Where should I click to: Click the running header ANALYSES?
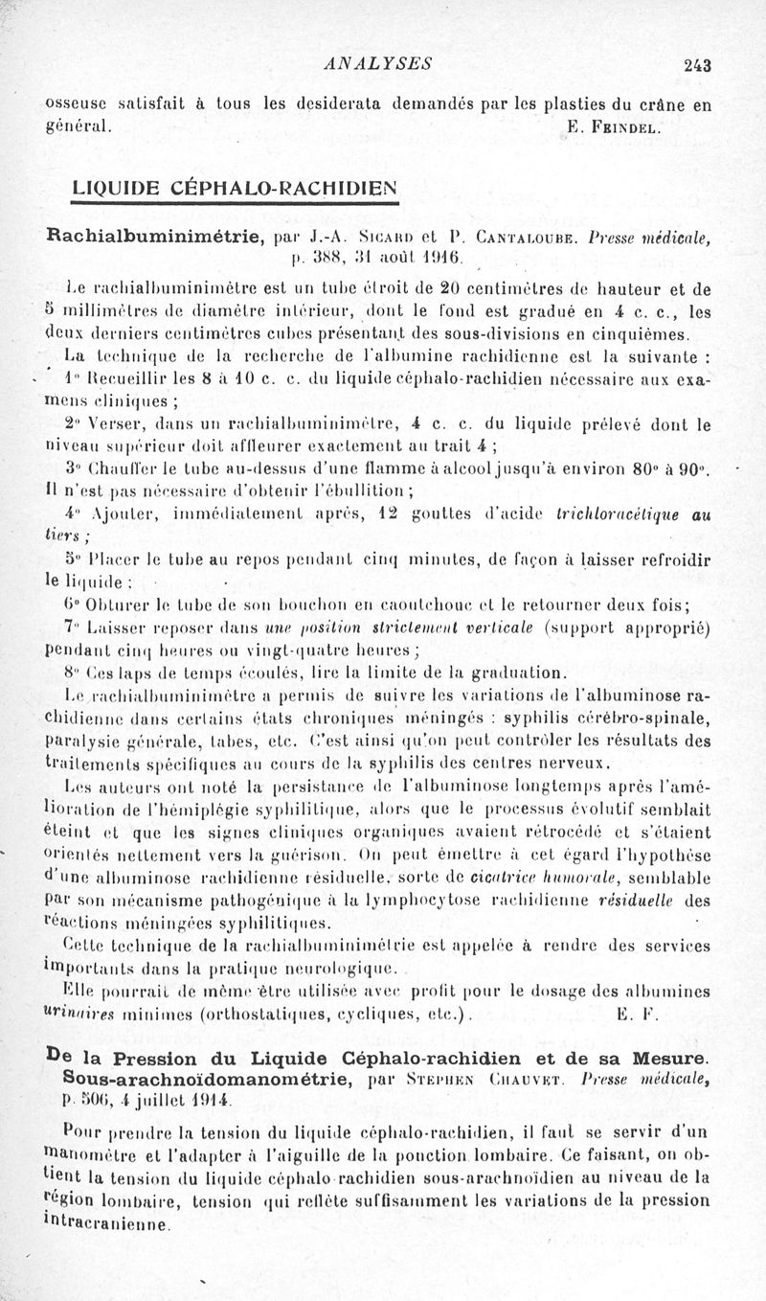click(379, 64)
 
